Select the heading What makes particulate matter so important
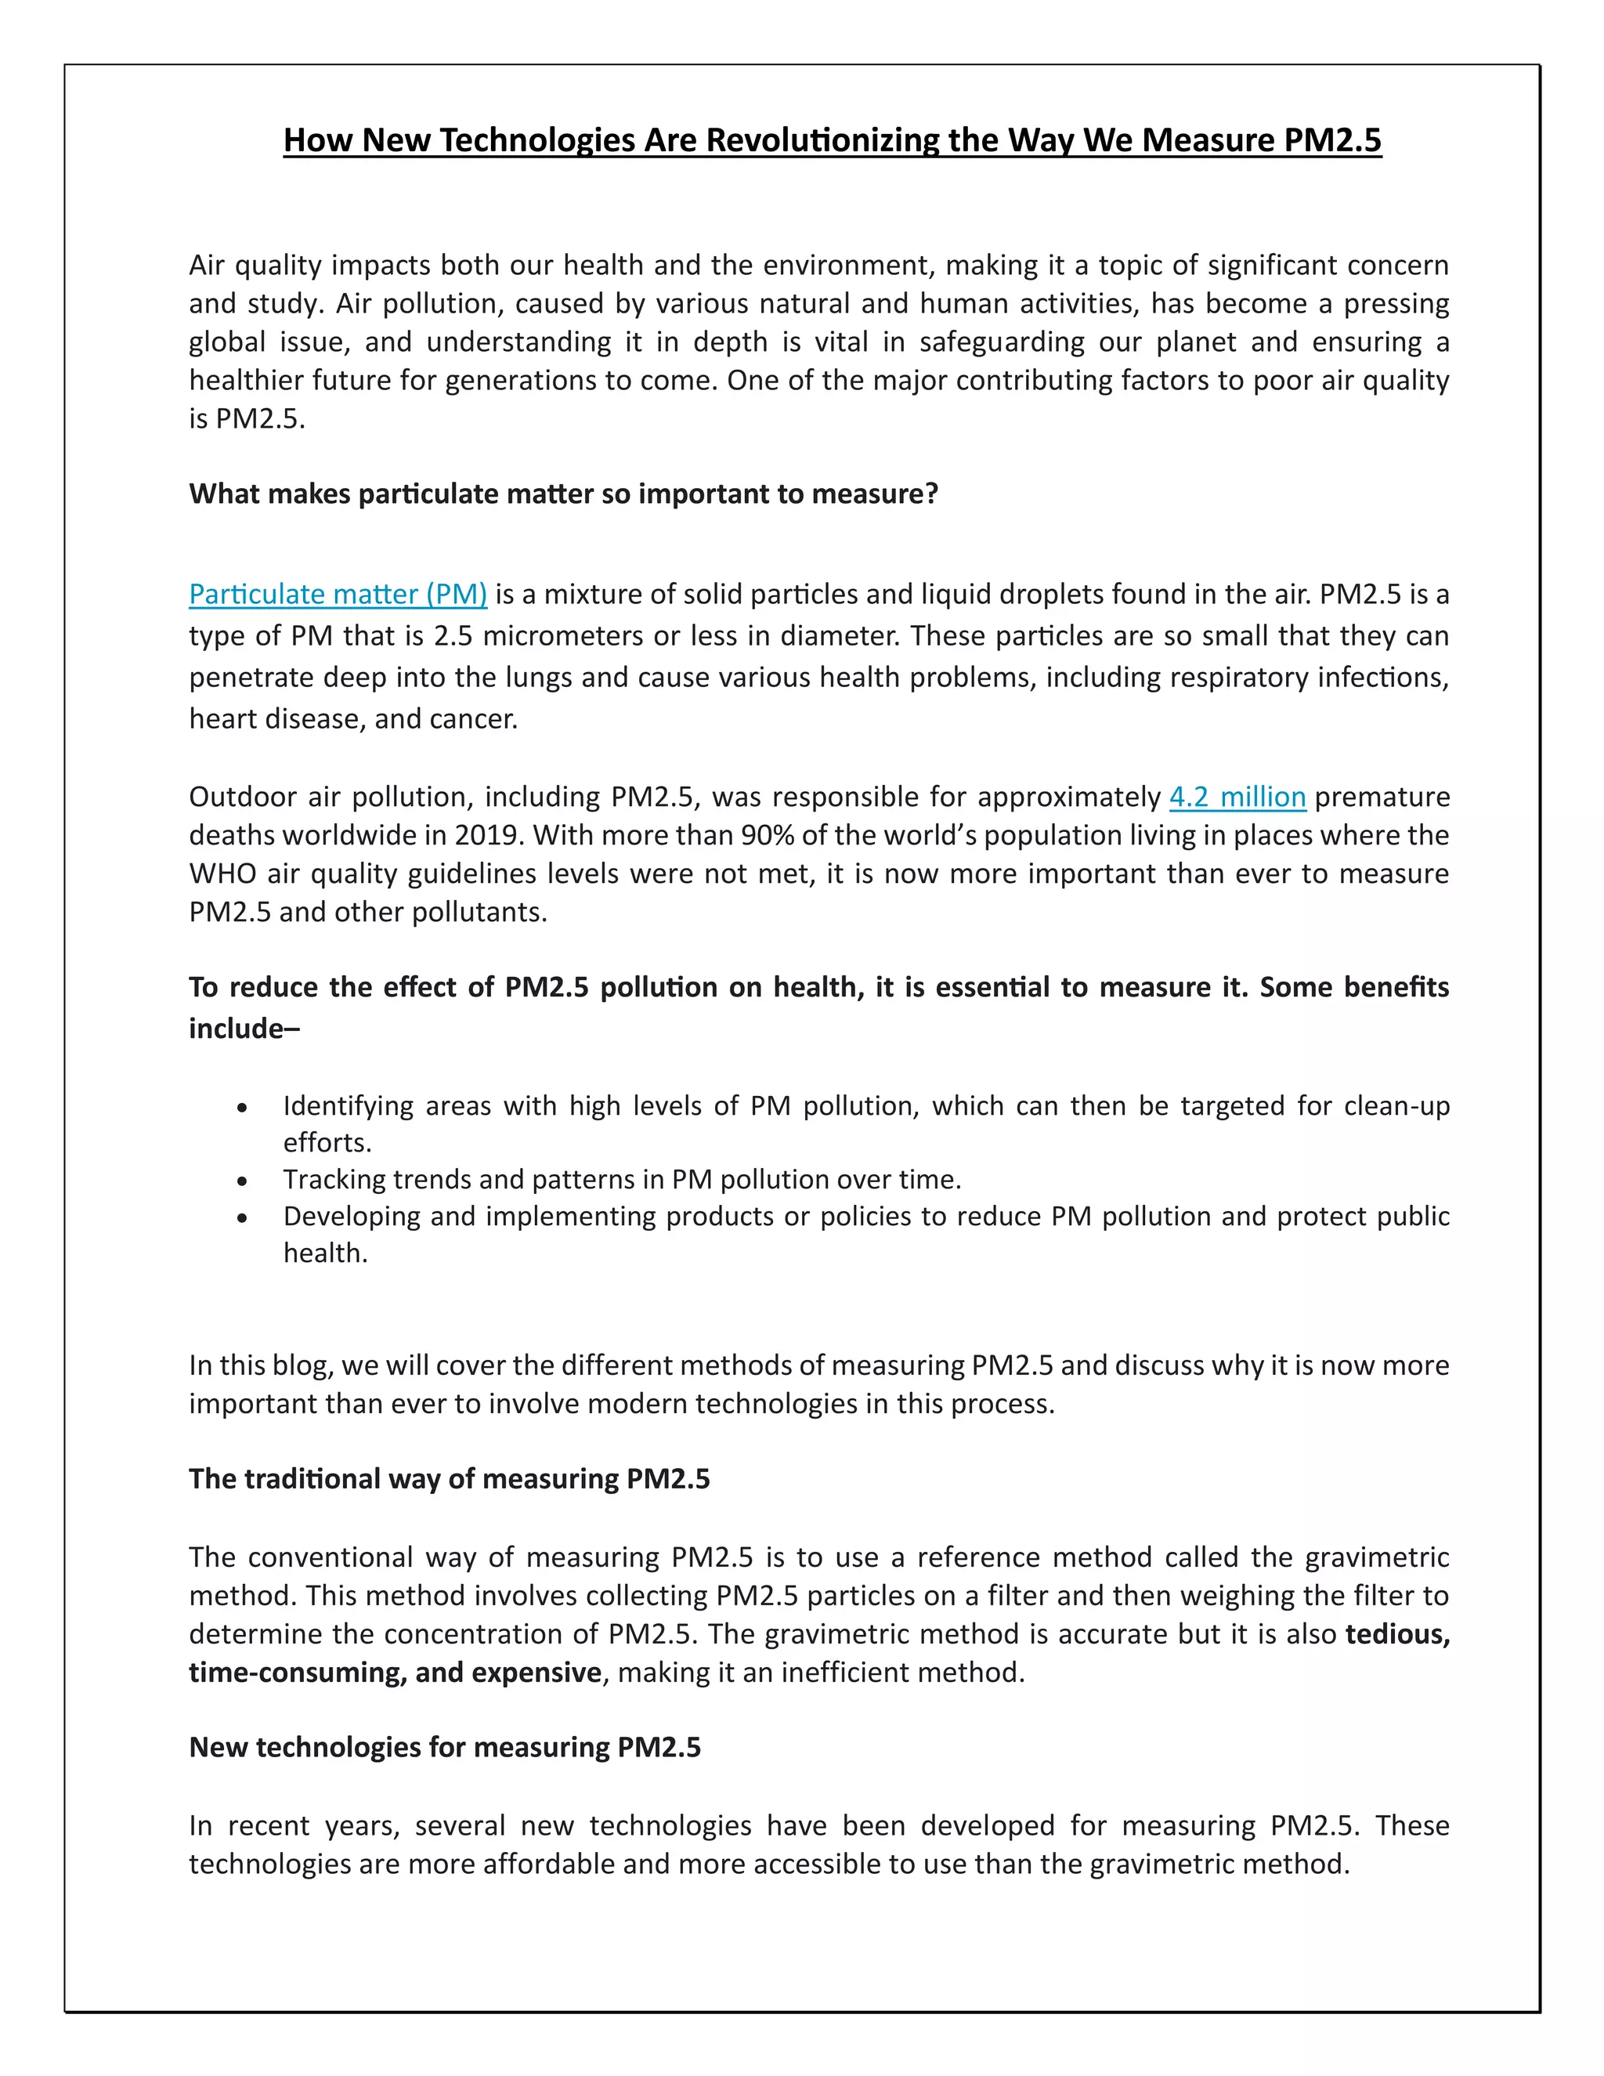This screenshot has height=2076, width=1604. coord(562,494)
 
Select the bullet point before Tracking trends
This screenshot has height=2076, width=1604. coord(244,1181)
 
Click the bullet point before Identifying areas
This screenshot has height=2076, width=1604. coord(244,1109)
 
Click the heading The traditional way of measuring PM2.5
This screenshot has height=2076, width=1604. coord(449,1479)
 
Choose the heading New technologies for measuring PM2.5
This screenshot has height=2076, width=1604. coord(445,1747)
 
